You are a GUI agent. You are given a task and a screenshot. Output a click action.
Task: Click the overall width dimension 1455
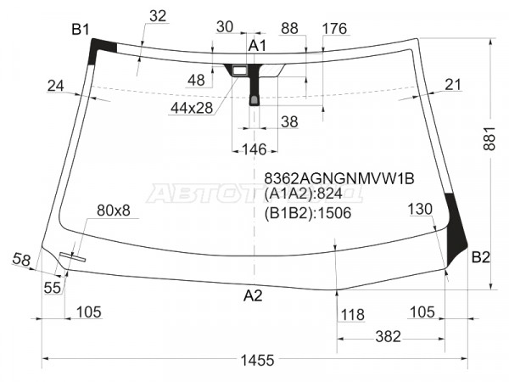click(x=257, y=360)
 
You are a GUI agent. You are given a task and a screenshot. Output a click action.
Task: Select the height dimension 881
click(x=489, y=138)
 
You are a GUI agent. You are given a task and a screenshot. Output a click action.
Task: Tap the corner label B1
click(x=81, y=30)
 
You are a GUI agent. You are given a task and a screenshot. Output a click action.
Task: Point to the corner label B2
click(x=481, y=257)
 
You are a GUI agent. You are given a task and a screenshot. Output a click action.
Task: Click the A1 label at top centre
click(x=257, y=46)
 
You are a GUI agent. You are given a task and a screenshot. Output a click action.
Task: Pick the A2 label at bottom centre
click(x=253, y=295)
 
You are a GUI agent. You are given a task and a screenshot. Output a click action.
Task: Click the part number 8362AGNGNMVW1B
click(x=339, y=178)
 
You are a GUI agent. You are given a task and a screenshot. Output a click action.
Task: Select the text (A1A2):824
click(x=303, y=194)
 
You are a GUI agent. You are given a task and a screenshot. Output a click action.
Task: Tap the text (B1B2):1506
click(x=308, y=213)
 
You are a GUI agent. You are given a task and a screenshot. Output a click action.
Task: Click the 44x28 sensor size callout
click(x=192, y=108)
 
